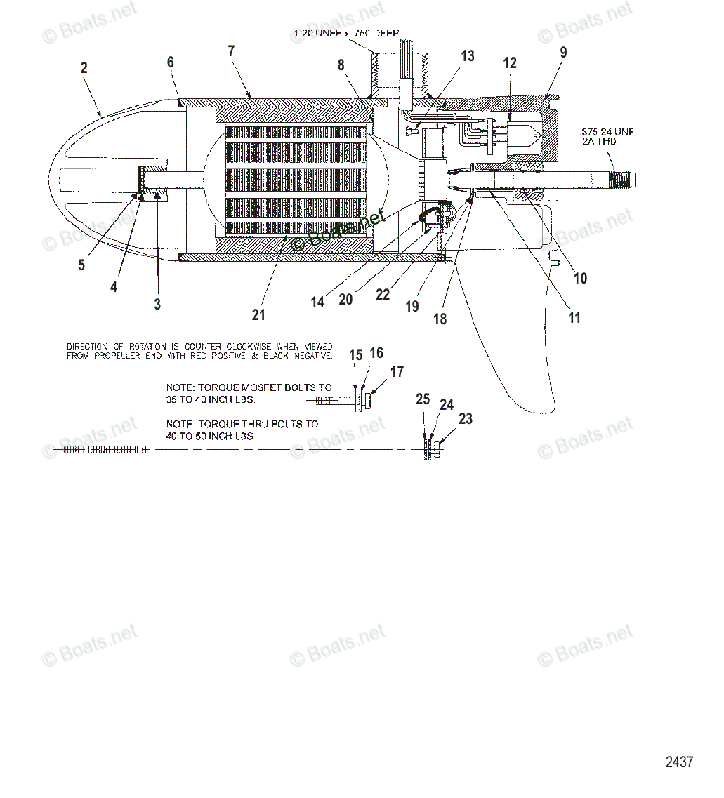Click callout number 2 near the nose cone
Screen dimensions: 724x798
pyautogui.click(x=84, y=68)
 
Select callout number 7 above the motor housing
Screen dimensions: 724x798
pyautogui.click(x=231, y=51)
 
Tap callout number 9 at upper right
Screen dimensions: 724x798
pyautogui.click(x=563, y=52)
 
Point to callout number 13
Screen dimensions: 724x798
pyautogui.click(x=468, y=56)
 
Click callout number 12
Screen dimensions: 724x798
pyautogui.click(x=510, y=63)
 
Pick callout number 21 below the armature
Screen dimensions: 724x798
pyautogui.click(x=258, y=315)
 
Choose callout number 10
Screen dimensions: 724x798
pyautogui.click(x=580, y=278)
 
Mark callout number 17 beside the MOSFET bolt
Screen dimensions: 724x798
pyautogui.click(x=397, y=372)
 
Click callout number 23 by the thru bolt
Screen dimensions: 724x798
pyautogui.click(x=466, y=419)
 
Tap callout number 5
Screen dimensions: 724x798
pyautogui.click(x=81, y=265)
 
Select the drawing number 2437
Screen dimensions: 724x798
pyautogui.click(x=679, y=762)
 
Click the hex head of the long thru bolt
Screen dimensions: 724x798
pyautogui.click(x=435, y=450)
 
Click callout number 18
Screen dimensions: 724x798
pyautogui.click(x=440, y=319)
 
